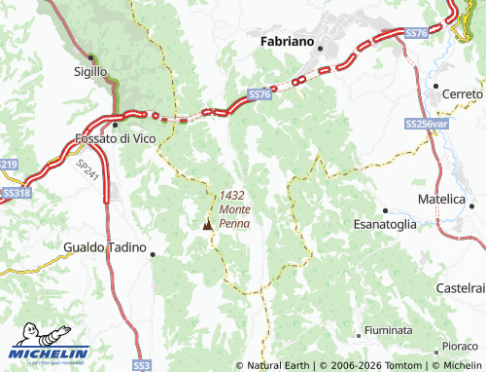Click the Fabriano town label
pyautogui.click(x=287, y=43)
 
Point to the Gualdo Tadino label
pyautogui.click(x=104, y=247)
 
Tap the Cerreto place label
pyautogui.click(x=462, y=94)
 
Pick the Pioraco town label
pyautogui.click(x=460, y=346)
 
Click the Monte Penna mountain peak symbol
pyautogui.click(x=206, y=225)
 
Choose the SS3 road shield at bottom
pyautogui.click(x=142, y=364)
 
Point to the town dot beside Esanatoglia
pyautogui.click(x=386, y=209)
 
